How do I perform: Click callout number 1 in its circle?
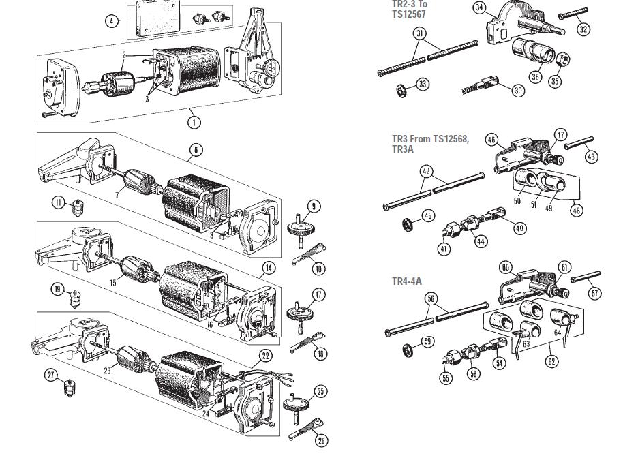point(194,122)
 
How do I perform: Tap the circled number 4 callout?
point(112,21)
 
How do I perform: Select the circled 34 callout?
point(480,7)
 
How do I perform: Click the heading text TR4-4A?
point(407,281)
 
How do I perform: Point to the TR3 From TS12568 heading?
point(431,139)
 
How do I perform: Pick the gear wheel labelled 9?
point(299,230)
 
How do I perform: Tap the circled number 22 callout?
point(266,356)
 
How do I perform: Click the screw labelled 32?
point(573,13)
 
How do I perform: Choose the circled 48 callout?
point(576,210)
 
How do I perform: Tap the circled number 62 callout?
point(551,361)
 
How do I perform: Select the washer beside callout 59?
point(406,349)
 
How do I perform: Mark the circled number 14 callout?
point(269,268)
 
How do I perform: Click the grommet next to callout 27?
point(70,387)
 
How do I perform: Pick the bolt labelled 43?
point(579,144)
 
